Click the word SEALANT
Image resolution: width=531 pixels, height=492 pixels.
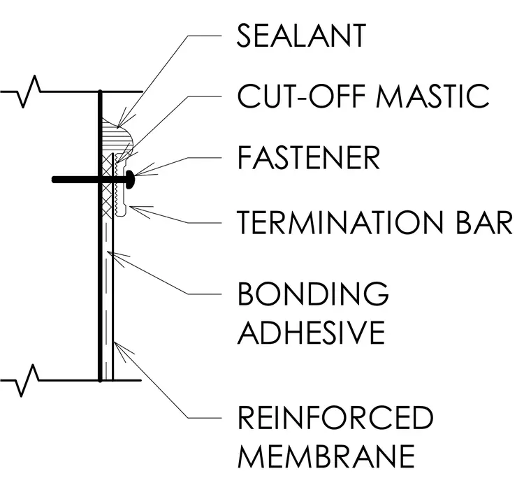click(301, 36)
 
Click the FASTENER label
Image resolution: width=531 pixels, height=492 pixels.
click(309, 157)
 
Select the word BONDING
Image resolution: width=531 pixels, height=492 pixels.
click(313, 294)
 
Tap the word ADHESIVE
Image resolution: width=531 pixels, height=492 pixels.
click(311, 332)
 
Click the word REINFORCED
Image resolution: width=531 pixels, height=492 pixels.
click(335, 417)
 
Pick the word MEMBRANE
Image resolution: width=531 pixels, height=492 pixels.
click(326, 456)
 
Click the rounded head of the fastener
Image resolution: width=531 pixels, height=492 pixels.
click(131, 180)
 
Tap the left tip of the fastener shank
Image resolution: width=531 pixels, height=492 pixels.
click(54, 180)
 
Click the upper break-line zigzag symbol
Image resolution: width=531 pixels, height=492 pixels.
click(29, 92)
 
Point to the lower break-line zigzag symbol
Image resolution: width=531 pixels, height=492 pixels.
click(28, 380)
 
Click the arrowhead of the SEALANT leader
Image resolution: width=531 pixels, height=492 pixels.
click(118, 126)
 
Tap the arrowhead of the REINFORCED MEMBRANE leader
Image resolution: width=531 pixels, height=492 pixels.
click(115, 343)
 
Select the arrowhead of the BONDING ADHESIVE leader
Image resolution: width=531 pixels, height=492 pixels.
click(108, 252)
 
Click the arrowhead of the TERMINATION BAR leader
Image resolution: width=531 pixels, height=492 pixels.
click(130, 207)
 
